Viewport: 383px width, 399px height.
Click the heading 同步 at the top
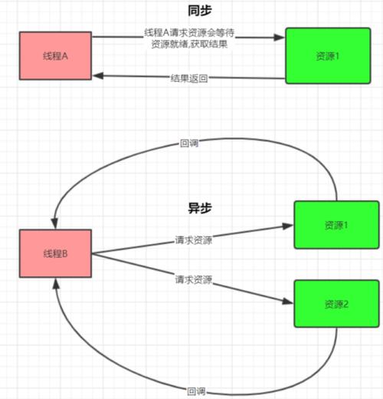coord(199,11)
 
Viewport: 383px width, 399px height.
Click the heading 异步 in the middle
coord(199,208)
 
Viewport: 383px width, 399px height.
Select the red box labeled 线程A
coord(55,56)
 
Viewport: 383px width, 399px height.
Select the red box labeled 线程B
coord(55,254)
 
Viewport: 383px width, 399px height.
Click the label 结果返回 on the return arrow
coord(189,78)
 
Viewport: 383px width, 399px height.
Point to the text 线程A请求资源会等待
coord(188,33)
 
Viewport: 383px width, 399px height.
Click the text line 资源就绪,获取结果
coord(188,45)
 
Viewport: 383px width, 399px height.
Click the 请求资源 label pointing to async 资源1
coord(193,240)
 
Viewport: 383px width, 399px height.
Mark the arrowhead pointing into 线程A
coord(98,75)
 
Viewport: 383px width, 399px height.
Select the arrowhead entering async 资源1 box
coord(289,226)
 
